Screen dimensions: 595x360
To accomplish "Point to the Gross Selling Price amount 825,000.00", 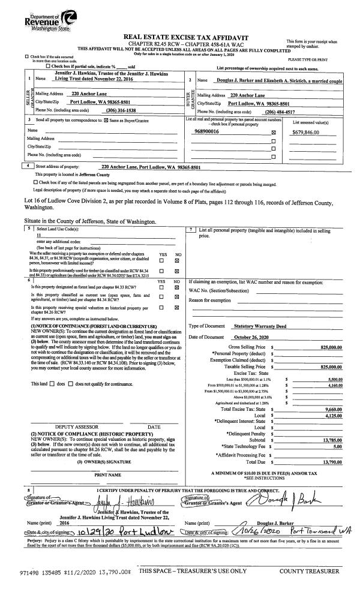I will [x=328, y=347].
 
